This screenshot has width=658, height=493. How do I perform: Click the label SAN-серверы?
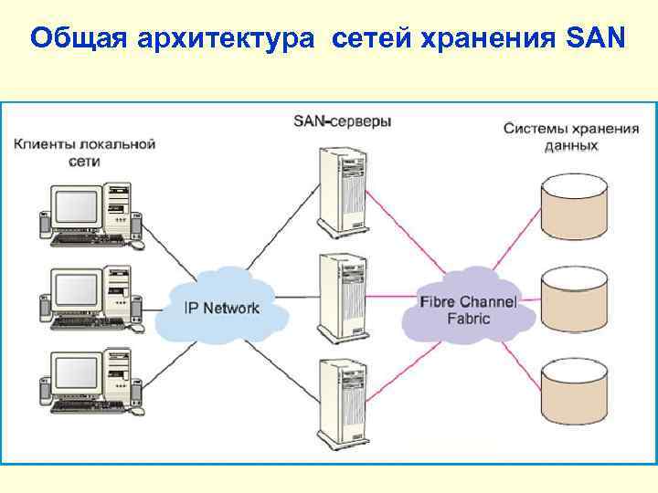tap(342, 121)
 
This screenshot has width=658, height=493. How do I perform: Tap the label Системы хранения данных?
tap(571, 136)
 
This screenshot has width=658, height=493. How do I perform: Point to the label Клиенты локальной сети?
tap(84, 152)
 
